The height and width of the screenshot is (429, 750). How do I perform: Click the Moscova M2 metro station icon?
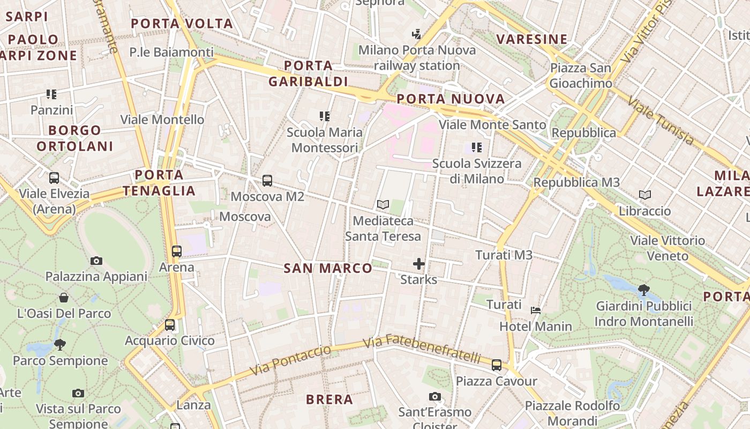pyautogui.click(x=267, y=181)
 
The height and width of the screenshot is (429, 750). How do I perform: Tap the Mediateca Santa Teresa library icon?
pyautogui.click(x=382, y=204)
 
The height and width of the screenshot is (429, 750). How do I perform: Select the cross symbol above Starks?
pyautogui.click(x=419, y=263)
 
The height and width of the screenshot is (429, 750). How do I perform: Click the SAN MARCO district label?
pyautogui.click(x=328, y=268)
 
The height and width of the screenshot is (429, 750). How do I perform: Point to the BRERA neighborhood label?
pyautogui.click(x=329, y=400)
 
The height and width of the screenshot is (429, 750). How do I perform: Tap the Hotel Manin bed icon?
pyautogui.click(x=535, y=310)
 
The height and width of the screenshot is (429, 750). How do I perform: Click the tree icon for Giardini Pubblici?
pyautogui.click(x=644, y=290)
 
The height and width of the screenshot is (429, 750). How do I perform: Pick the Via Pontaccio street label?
pyautogui.click(x=290, y=360)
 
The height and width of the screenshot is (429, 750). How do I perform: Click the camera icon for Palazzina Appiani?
pyautogui.click(x=96, y=261)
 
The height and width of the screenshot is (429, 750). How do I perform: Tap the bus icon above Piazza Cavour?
pyautogui.click(x=497, y=365)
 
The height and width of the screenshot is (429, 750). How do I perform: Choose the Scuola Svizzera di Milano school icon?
pyautogui.click(x=477, y=147)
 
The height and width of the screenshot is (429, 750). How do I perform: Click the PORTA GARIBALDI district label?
pyautogui.click(x=308, y=73)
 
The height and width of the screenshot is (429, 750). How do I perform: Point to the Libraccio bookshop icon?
pyautogui.click(x=645, y=195)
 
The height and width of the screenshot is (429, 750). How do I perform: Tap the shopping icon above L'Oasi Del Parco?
pyautogui.click(x=64, y=297)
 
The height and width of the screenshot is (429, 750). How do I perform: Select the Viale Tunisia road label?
pyautogui.click(x=661, y=121)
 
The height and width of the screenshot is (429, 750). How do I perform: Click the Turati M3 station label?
pyautogui.click(x=504, y=255)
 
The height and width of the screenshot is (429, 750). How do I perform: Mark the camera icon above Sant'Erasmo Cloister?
pyautogui.click(x=435, y=396)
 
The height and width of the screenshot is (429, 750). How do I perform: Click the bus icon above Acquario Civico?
pyautogui.click(x=170, y=324)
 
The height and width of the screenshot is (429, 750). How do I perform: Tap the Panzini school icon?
pyautogui.click(x=51, y=94)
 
